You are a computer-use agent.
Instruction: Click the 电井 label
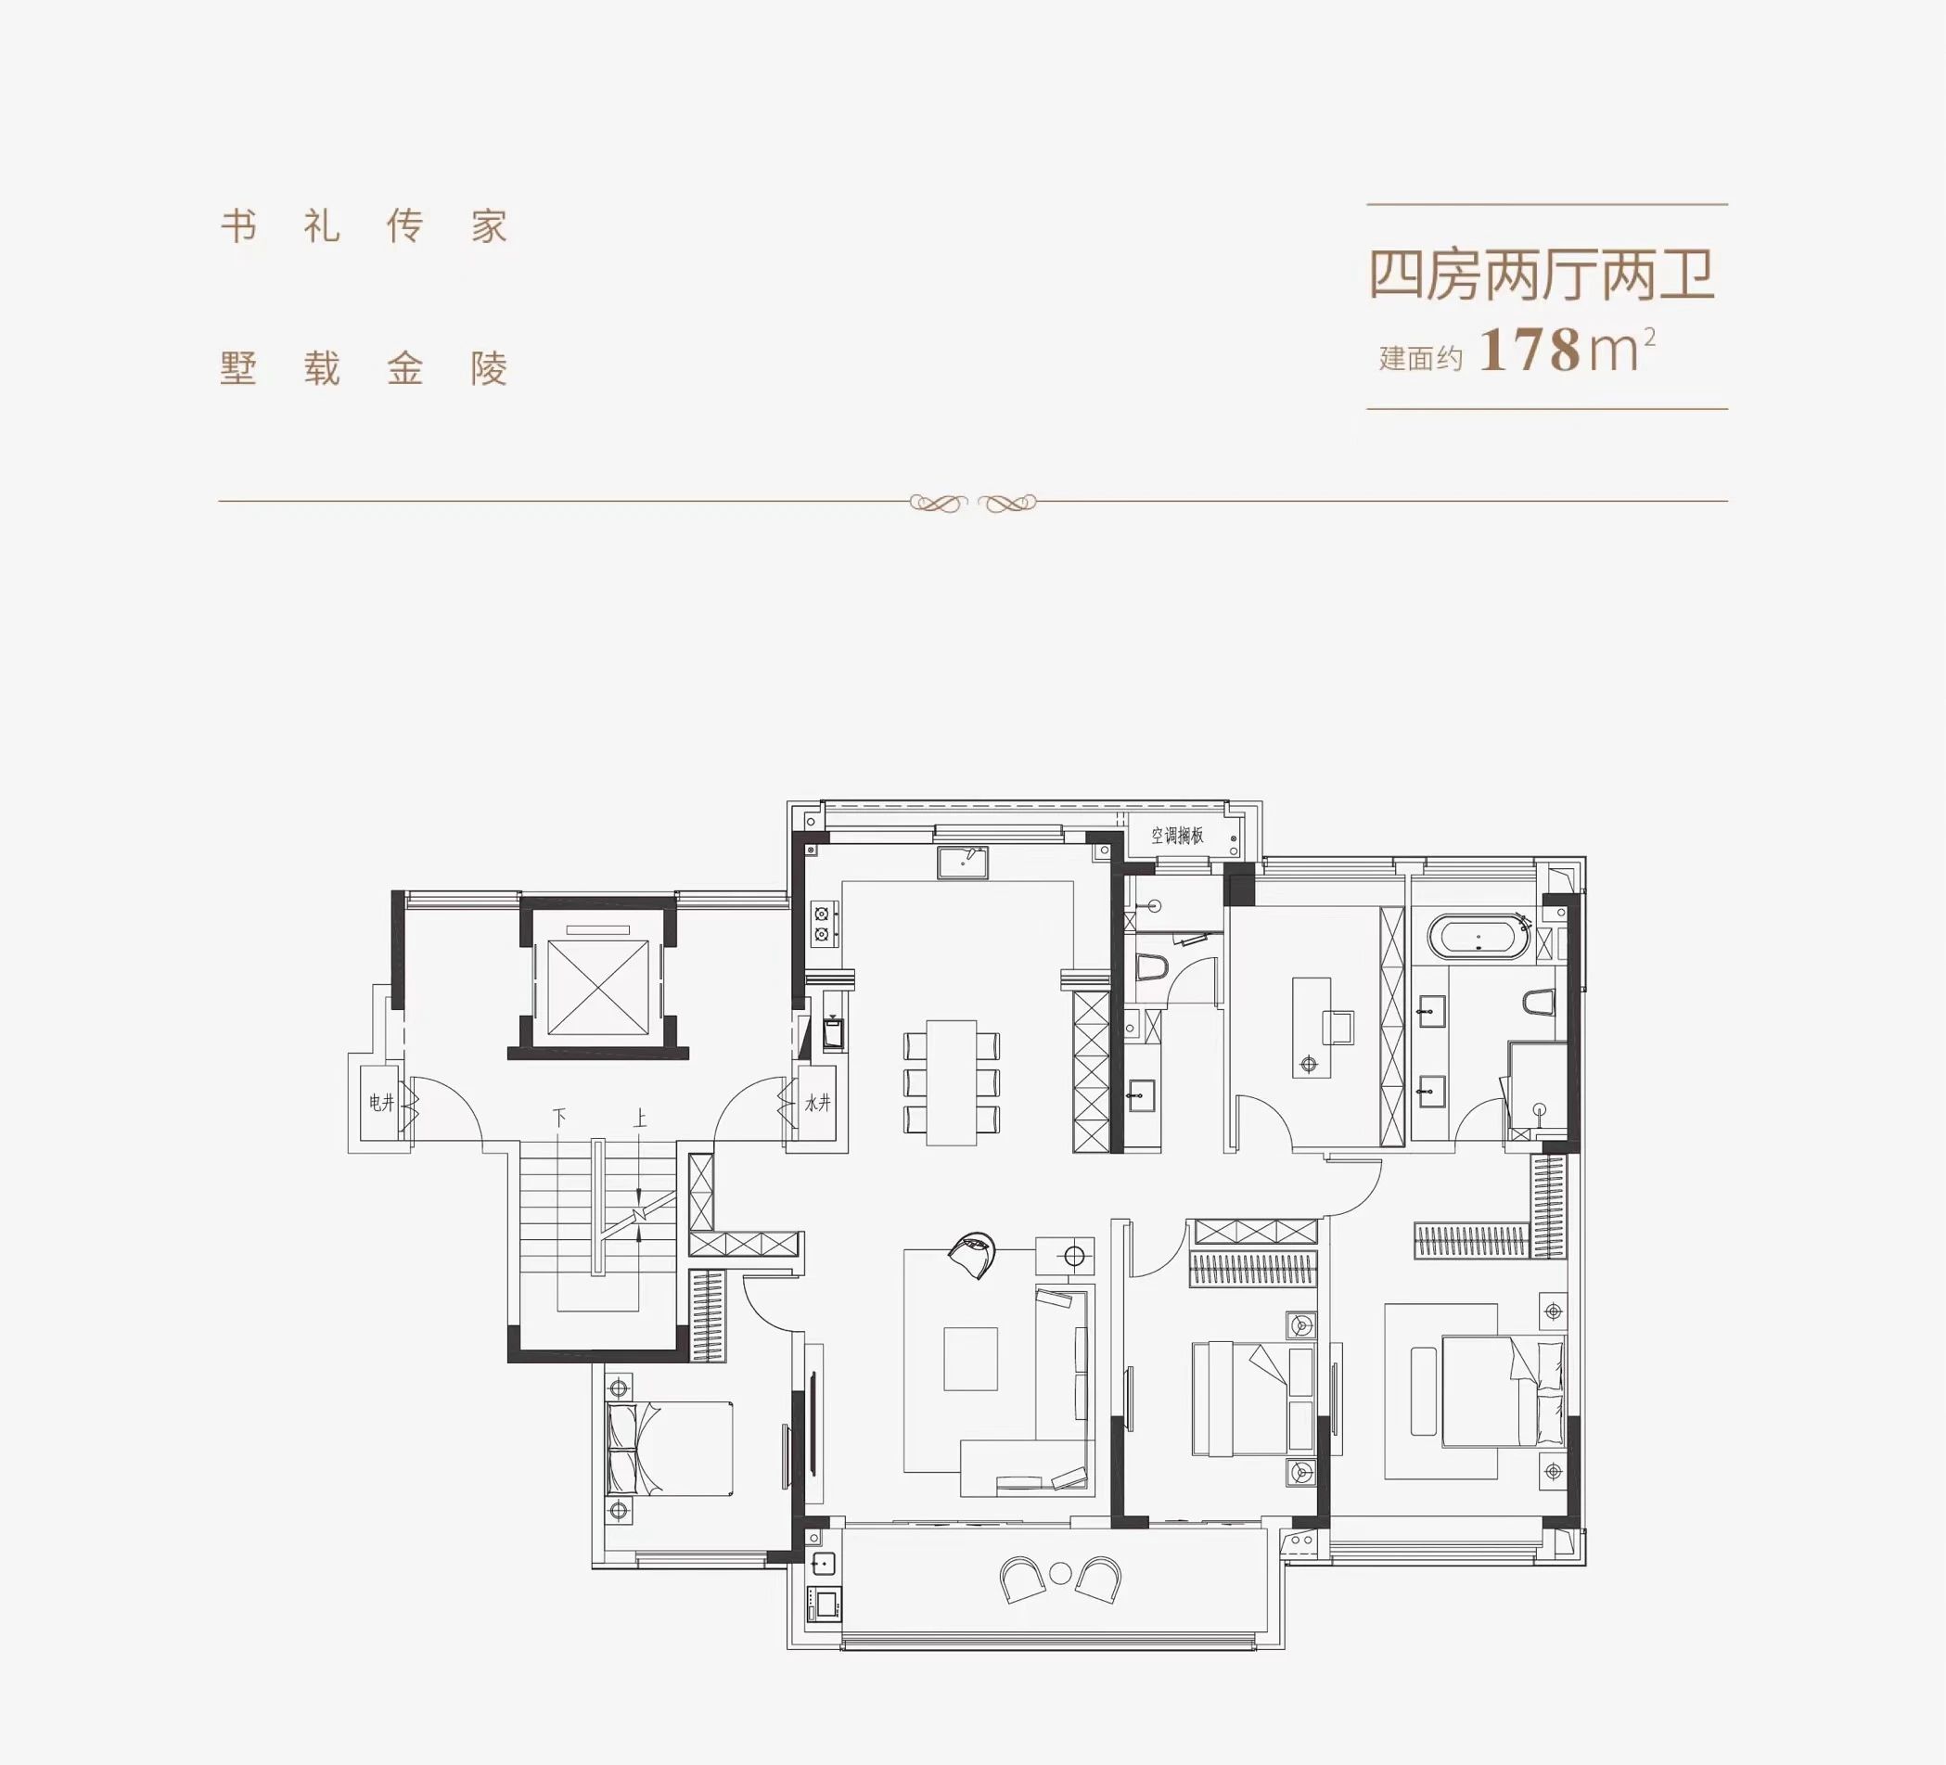(x=381, y=1102)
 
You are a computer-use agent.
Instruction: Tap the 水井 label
(x=817, y=1102)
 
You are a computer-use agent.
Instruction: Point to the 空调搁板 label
(x=1177, y=836)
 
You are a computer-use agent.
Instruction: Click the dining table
(x=951, y=1082)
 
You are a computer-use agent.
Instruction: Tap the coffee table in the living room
(x=970, y=1359)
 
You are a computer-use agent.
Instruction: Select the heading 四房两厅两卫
(x=1542, y=275)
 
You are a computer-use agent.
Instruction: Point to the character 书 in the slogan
(x=238, y=227)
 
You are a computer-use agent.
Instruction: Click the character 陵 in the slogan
(x=490, y=368)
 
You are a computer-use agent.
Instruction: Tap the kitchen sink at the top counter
(x=963, y=862)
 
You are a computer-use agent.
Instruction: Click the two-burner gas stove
(x=823, y=923)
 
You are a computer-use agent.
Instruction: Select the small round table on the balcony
(x=1060, y=1573)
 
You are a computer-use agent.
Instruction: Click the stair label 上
(x=639, y=1119)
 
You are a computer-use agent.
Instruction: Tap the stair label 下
(x=559, y=1118)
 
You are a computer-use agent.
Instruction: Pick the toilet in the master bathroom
(x=1539, y=1003)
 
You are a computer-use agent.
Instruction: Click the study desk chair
(x=1337, y=1027)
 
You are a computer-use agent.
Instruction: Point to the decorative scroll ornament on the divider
(x=972, y=503)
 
